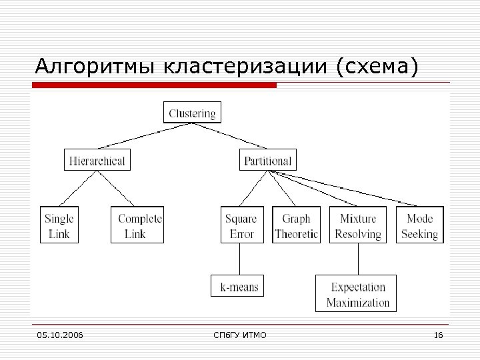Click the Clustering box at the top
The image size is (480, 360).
click(x=192, y=113)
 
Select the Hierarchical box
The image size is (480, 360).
click(x=97, y=160)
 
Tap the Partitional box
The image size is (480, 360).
click(x=267, y=160)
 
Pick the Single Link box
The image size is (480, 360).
click(x=59, y=225)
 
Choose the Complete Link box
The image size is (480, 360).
click(x=137, y=225)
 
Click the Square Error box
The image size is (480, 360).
click(x=241, y=225)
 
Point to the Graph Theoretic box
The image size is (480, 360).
click(x=296, y=225)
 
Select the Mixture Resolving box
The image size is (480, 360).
click(x=358, y=225)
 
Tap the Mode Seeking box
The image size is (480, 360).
click(x=419, y=225)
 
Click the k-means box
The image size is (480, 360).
click(x=238, y=287)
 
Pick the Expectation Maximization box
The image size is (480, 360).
click(x=356, y=294)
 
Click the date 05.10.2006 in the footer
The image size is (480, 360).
click(x=60, y=334)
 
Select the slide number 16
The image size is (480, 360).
click(x=438, y=334)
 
